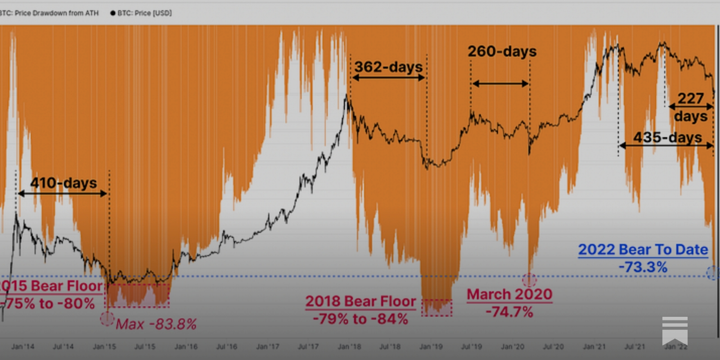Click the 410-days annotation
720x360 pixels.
click(63, 183)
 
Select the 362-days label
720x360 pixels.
click(388, 67)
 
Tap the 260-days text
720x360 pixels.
click(502, 51)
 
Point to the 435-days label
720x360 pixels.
click(667, 137)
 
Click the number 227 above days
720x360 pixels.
click(690, 98)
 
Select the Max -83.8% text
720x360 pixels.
click(156, 324)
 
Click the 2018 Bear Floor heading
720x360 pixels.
click(360, 301)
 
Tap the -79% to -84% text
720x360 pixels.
click(360, 319)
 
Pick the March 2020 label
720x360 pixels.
click(509, 294)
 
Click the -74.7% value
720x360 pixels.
click(509, 312)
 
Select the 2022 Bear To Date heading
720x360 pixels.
click(643, 249)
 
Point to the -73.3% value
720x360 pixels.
click(643, 267)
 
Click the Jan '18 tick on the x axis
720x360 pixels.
click(349, 346)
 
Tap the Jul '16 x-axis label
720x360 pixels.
click(226, 346)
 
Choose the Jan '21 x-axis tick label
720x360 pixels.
click(594, 346)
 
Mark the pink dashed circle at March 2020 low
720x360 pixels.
click(529, 280)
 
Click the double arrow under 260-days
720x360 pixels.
click(500, 83)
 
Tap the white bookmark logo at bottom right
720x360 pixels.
click(675, 330)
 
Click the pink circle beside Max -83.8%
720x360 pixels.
click(107, 319)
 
